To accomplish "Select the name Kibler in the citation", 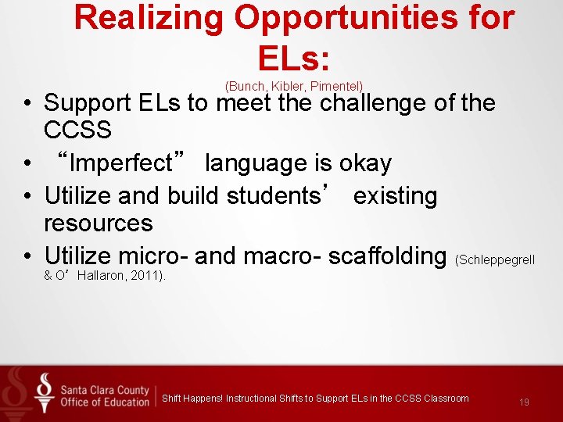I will click(288, 84).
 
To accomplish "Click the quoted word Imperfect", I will click(120, 163).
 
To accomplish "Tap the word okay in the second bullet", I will click(365, 163).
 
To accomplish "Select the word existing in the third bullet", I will click(395, 195).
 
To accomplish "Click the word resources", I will click(99, 223).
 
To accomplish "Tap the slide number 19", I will click(524, 402).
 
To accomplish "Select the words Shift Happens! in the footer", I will click(192, 399).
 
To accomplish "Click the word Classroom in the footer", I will click(446, 399).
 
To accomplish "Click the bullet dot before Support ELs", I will click(27, 103).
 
